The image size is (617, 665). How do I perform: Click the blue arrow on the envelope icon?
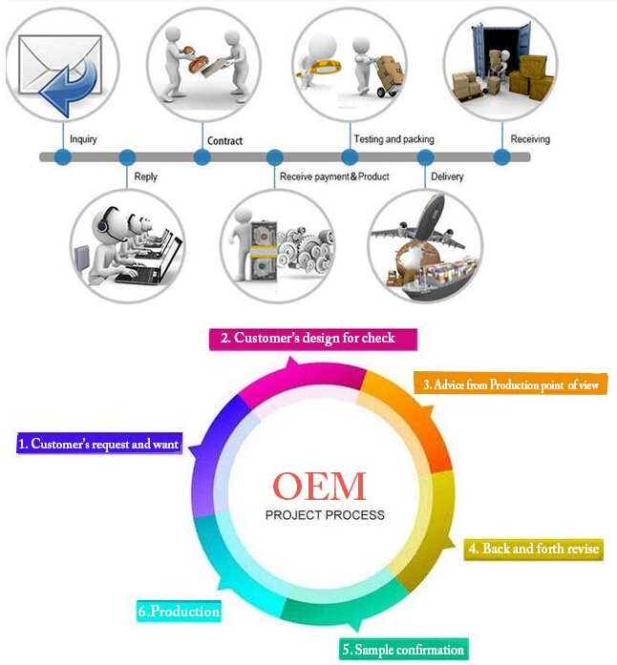pyautogui.click(x=69, y=85)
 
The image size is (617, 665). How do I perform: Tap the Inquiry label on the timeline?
pyautogui.click(x=84, y=139)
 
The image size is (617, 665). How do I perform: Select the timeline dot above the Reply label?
pyautogui.click(x=126, y=156)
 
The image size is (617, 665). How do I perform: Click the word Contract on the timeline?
pyautogui.click(x=224, y=140)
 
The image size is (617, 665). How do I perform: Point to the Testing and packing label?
pyautogui.click(x=394, y=139)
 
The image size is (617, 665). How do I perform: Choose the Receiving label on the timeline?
pyautogui.click(x=530, y=139)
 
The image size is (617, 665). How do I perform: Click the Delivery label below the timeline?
pyautogui.click(x=448, y=177)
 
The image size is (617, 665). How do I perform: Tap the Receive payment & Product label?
pyautogui.click(x=334, y=177)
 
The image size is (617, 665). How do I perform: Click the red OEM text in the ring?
pyautogui.click(x=319, y=486)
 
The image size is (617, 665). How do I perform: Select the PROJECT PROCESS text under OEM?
pyautogui.click(x=325, y=515)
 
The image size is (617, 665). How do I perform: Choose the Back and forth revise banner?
pyautogui.click(x=533, y=549)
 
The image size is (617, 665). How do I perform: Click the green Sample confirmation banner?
pyautogui.click(x=403, y=651)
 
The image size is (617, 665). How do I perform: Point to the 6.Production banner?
pyautogui.click(x=179, y=611)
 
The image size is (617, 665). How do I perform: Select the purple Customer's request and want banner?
pyautogui.click(x=98, y=444)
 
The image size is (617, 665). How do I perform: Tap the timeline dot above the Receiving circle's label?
pyautogui.click(x=499, y=156)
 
